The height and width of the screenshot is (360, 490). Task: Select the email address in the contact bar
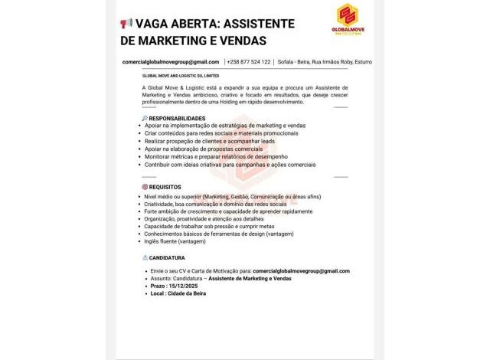pyautogui.click(x=170, y=61)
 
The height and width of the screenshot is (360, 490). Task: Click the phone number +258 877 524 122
pyautogui.click(x=249, y=61)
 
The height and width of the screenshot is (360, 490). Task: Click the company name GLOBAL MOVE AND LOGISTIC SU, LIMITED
pyautogui.click(x=181, y=76)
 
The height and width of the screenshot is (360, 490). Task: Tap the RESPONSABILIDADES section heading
pyautogui.click(x=177, y=118)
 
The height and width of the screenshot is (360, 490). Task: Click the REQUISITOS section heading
pyautogui.click(x=165, y=186)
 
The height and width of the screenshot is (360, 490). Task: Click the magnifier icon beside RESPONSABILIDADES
pyautogui.click(x=145, y=118)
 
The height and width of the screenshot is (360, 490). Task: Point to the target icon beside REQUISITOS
pyautogui.click(x=145, y=186)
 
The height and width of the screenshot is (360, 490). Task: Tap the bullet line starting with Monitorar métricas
pyautogui.click(x=215, y=156)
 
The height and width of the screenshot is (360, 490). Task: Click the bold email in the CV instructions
pyautogui.click(x=301, y=270)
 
